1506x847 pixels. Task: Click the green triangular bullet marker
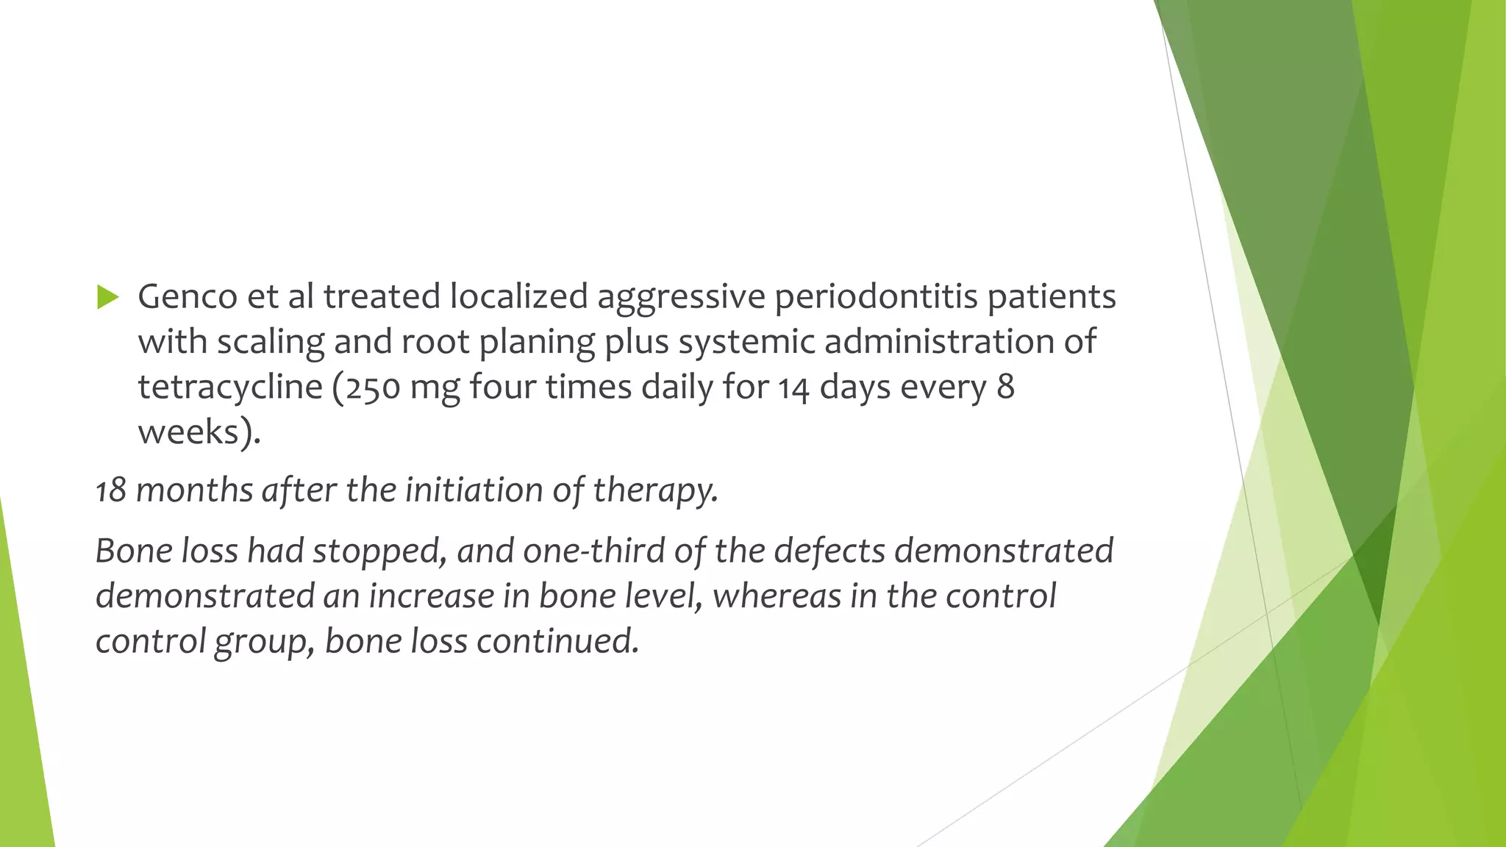tap(107, 298)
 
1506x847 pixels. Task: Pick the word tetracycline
tap(230, 387)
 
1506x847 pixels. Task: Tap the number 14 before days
tap(794, 387)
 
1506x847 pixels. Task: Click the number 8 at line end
tap(1005, 387)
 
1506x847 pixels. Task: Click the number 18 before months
tap(111, 490)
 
